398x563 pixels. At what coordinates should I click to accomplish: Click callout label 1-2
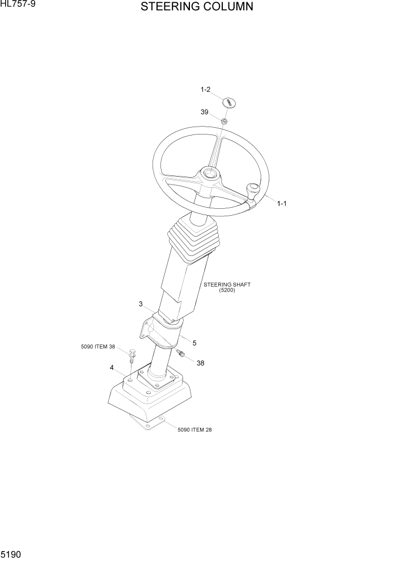click(x=205, y=90)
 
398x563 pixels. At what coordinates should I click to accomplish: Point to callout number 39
click(x=205, y=112)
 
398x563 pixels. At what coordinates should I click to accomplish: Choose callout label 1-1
click(x=282, y=203)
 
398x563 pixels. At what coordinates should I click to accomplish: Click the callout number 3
click(x=141, y=304)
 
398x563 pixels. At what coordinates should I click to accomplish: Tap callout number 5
click(x=194, y=343)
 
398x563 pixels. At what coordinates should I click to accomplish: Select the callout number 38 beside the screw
click(x=200, y=364)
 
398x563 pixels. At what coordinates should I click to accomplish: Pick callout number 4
click(x=112, y=367)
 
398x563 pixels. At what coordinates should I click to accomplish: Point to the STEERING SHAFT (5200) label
click(x=227, y=287)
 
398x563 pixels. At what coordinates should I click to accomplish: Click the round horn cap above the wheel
click(x=228, y=103)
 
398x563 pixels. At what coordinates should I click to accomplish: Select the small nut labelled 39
click(x=225, y=121)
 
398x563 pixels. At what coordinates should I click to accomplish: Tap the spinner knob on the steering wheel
click(x=252, y=190)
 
